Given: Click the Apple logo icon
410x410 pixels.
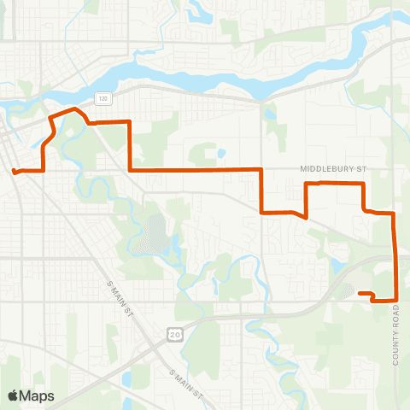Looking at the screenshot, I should pos(14,395).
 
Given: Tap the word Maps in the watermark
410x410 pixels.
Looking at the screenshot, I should pos(38,395).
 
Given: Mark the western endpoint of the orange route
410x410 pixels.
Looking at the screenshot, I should pos(14,173).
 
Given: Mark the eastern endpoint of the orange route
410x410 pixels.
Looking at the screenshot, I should pos(359,294).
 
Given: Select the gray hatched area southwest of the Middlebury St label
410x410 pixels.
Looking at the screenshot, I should pos(155,232).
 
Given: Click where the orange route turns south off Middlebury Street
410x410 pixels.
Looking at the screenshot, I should pos(261,170).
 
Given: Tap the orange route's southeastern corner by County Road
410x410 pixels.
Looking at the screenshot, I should pos(396,298).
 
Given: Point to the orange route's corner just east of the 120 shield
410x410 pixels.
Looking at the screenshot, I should pos(129,122).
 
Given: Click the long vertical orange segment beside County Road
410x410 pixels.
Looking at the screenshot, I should pos(395,256).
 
